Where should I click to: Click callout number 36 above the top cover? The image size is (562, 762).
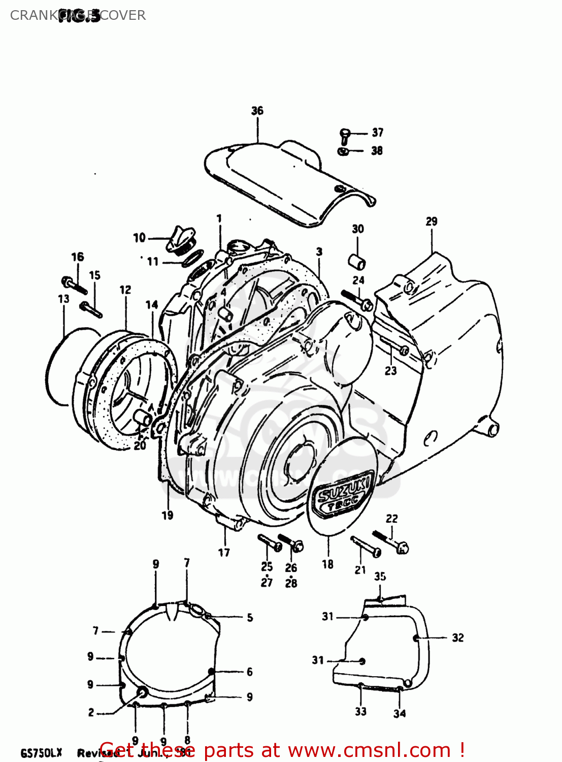[257, 111]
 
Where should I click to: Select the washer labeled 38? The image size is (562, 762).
[343, 151]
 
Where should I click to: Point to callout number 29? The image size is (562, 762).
[431, 221]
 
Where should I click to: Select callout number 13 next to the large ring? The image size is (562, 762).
[63, 299]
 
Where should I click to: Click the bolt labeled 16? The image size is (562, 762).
[74, 285]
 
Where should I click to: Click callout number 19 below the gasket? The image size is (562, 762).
[168, 515]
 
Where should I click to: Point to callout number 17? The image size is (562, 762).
[224, 552]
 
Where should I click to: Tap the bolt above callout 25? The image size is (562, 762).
[270, 543]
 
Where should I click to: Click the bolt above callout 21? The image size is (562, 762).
[366, 547]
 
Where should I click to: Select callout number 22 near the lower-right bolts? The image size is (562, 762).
[391, 519]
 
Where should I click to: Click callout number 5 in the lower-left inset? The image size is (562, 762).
[250, 618]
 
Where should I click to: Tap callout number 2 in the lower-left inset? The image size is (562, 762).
[91, 712]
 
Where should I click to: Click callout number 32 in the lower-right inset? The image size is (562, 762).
[457, 638]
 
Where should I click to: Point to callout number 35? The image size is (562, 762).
[380, 576]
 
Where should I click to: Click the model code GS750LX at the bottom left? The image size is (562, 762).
[41, 752]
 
